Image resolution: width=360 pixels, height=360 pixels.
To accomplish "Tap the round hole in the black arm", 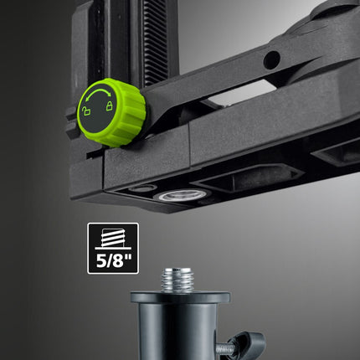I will [x=272, y=60].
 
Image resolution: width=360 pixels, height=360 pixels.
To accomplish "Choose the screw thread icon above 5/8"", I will [x=109, y=238].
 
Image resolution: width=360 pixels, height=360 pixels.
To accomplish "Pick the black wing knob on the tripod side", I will [x=250, y=342].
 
